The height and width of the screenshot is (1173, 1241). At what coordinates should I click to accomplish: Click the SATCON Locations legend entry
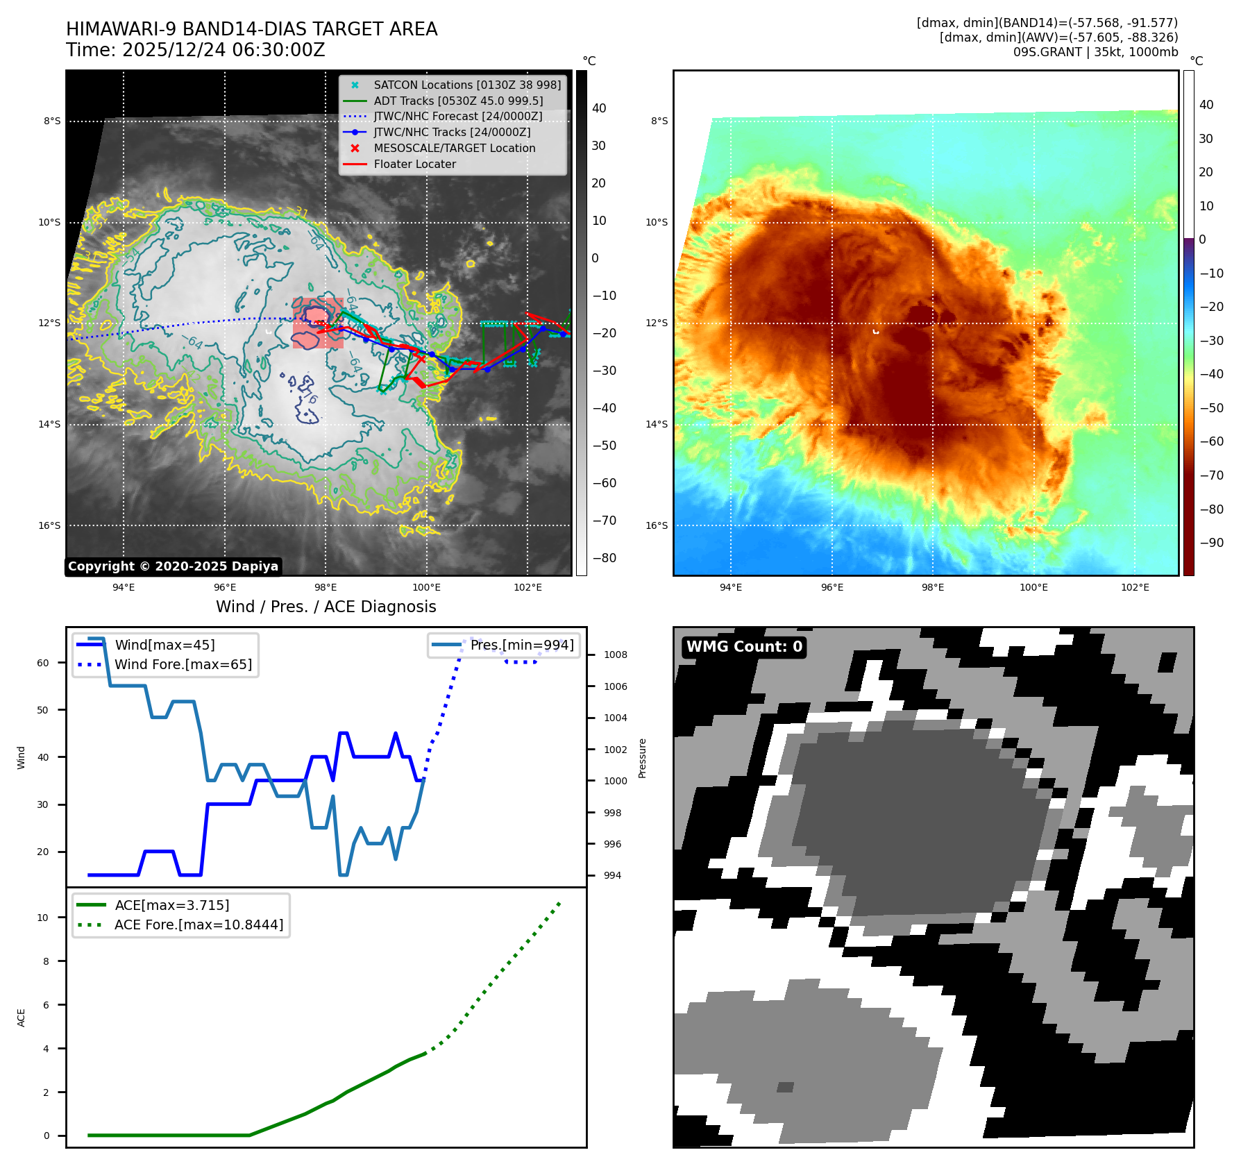[x=466, y=85]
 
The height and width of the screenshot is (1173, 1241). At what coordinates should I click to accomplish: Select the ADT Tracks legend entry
[x=458, y=101]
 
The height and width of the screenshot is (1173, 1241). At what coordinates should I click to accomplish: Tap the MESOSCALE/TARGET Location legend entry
[x=454, y=149]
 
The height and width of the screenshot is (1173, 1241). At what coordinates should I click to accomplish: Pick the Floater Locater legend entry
[x=414, y=164]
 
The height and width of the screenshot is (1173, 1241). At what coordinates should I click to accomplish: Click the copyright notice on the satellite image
[x=173, y=566]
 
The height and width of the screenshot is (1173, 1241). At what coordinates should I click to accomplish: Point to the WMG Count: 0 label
[x=744, y=647]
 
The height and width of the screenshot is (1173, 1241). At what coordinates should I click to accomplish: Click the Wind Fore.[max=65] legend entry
[x=183, y=664]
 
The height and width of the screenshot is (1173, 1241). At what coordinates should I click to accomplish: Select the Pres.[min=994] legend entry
[x=521, y=645]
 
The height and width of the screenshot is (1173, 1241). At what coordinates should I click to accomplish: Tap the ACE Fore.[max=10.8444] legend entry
[x=199, y=925]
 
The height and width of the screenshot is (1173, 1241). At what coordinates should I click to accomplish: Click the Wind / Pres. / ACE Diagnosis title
[x=326, y=607]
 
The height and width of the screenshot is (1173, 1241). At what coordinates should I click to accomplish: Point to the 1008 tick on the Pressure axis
[x=615, y=655]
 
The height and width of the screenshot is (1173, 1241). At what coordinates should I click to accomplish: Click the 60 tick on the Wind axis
[x=43, y=663]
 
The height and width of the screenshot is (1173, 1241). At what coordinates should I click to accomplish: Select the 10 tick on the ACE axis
[x=43, y=918]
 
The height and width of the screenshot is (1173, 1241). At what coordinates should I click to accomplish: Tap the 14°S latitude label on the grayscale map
[x=49, y=425]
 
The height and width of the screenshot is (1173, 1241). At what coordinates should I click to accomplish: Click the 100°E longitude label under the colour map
[x=1033, y=588]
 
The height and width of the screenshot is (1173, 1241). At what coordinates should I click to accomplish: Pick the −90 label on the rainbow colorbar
[x=1211, y=543]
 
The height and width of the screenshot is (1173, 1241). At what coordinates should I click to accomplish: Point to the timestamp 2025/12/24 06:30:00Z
[x=223, y=51]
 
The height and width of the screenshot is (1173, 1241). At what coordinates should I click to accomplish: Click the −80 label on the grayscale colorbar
[x=604, y=558]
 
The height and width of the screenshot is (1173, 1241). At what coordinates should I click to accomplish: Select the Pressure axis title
[x=643, y=758]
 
